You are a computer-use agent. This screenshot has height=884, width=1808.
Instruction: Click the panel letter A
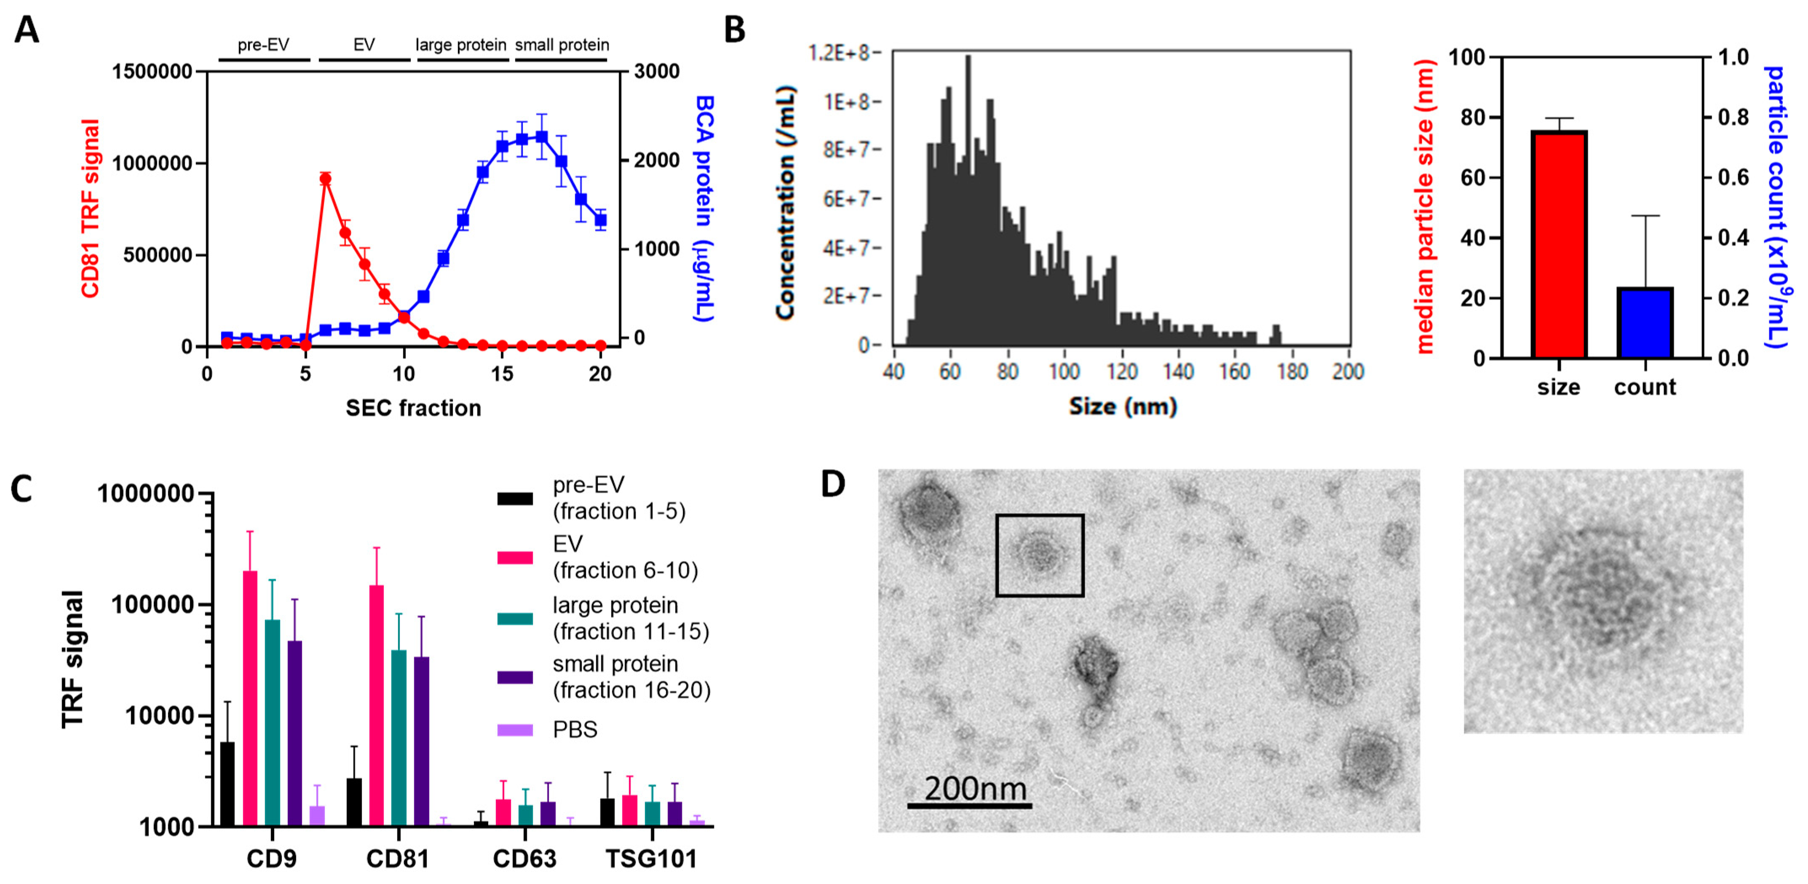pyautogui.click(x=27, y=29)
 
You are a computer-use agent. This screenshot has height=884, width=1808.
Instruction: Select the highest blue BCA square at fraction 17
pyautogui.click(x=541, y=136)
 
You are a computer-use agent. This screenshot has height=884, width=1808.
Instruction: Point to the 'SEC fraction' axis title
pyautogui.click(x=413, y=408)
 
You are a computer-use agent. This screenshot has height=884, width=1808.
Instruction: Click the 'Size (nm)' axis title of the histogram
pyautogui.click(x=1122, y=407)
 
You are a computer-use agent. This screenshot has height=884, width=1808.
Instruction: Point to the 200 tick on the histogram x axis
pyautogui.click(x=1348, y=372)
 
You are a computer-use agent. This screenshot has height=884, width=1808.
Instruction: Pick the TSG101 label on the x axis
pyautogui.click(x=651, y=859)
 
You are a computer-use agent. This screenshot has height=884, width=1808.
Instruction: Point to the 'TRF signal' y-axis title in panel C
pyautogui.click(x=72, y=659)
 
